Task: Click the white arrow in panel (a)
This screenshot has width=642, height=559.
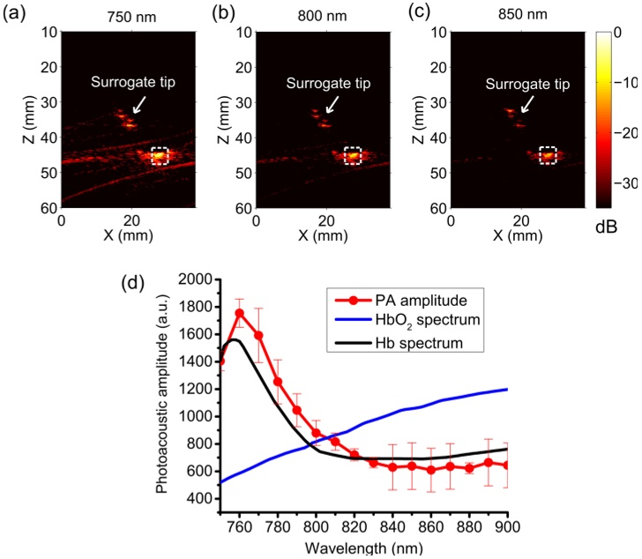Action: click(138, 104)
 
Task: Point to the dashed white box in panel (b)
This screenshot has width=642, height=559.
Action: click(353, 155)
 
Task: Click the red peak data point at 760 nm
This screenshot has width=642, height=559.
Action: click(239, 313)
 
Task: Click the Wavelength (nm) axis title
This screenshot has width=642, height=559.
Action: click(362, 548)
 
